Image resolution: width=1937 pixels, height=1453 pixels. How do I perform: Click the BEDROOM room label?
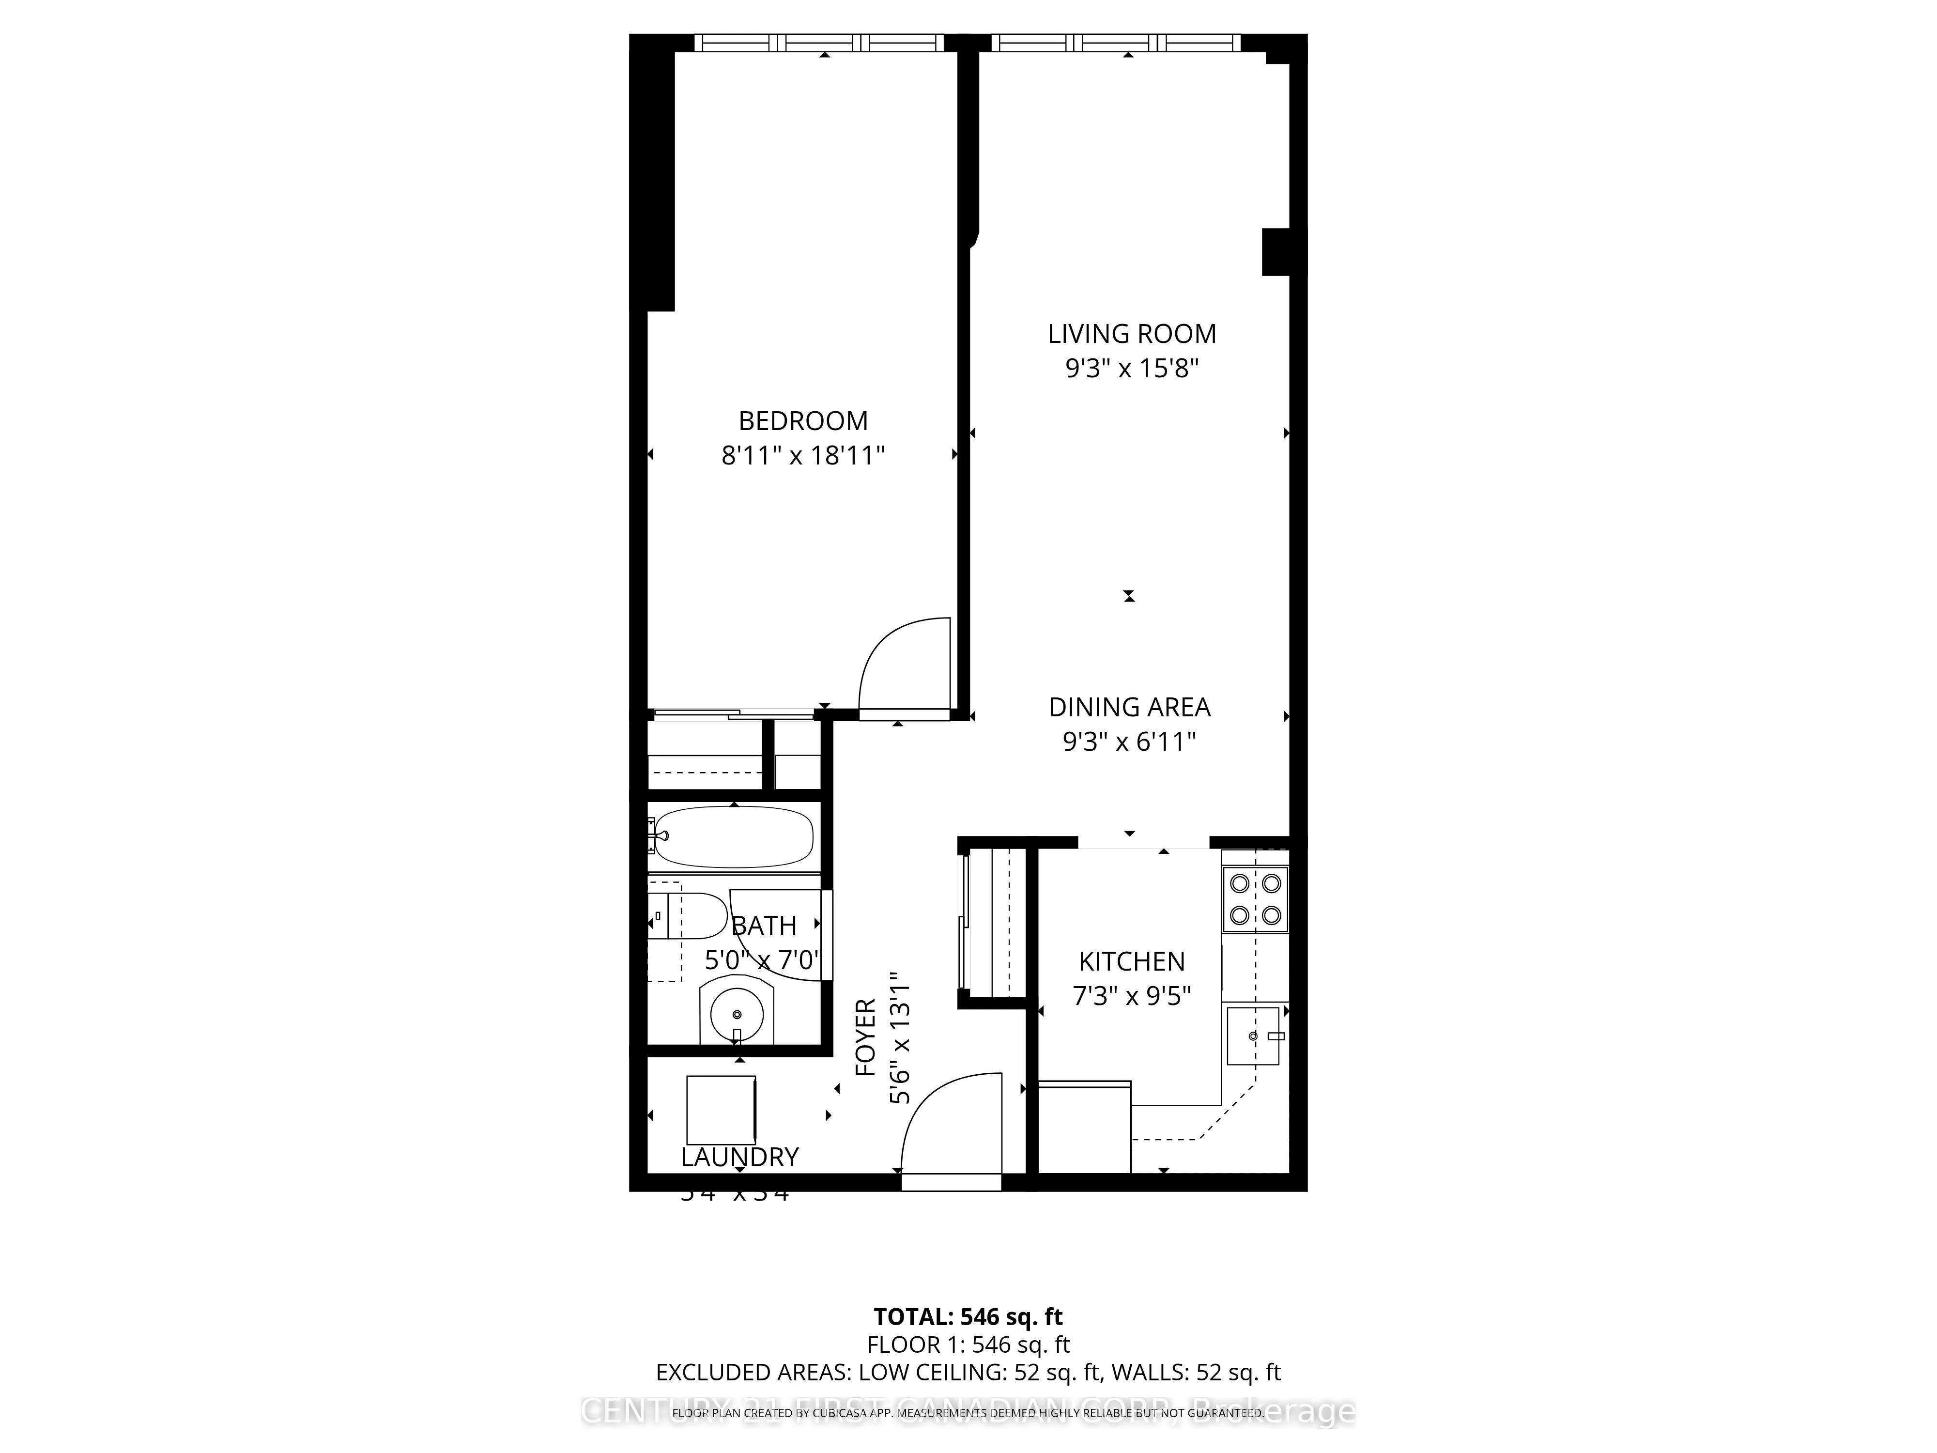(803, 421)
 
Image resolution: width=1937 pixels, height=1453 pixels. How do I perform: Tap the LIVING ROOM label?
(1131, 334)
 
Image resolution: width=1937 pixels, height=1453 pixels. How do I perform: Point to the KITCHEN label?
(1131, 962)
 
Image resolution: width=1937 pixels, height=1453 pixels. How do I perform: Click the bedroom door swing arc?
(902, 665)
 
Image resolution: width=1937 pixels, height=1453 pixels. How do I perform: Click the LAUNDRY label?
(740, 1158)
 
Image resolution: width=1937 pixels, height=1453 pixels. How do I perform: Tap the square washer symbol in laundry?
(721, 1110)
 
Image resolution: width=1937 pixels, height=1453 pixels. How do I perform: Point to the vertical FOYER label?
(865, 1038)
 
